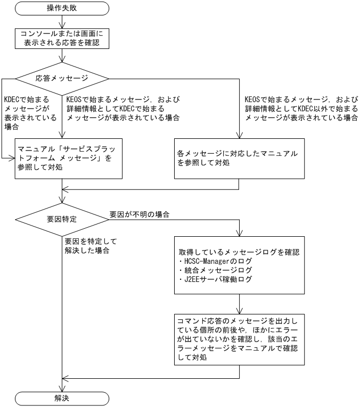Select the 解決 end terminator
(x=63, y=397)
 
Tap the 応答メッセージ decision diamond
(x=62, y=78)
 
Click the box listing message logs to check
(x=240, y=264)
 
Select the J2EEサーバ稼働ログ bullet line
(x=216, y=279)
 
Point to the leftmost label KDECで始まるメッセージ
(x=21, y=113)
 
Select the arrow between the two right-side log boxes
(x=240, y=303)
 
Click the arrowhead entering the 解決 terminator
(x=63, y=388)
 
